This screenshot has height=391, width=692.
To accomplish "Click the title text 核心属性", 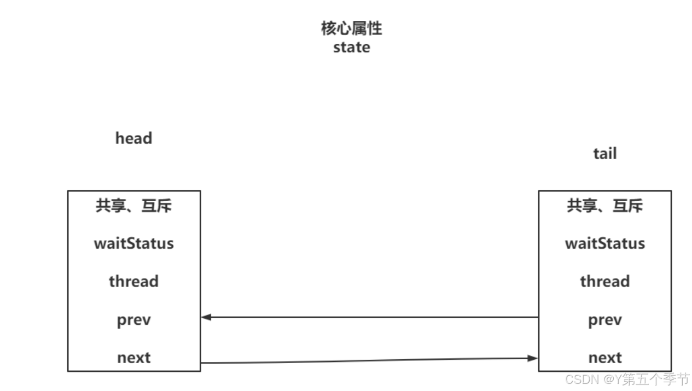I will pyautogui.click(x=351, y=28).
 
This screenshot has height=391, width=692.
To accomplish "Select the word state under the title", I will pyautogui.click(x=351, y=47).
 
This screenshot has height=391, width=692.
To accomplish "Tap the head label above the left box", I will pyautogui.click(x=133, y=138).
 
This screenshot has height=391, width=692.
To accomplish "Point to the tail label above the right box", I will pyautogui.click(x=604, y=154).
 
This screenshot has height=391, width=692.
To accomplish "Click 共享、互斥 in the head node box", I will pyautogui.click(x=133, y=206).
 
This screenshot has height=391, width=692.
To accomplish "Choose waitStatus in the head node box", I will pyautogui.click(x=133, y=243).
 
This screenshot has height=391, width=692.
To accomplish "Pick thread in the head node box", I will pyautogui.click(x=133, y=282).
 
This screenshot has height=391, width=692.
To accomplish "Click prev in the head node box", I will pyautogui.click(x=133, y=320).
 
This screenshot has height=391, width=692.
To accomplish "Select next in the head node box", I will pyautogui.click(x=133, y=358).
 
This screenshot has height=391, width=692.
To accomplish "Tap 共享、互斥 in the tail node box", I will pyautogui.click(x=604, y=206).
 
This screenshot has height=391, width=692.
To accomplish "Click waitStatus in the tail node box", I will pyautogui.click(x=604, y=243).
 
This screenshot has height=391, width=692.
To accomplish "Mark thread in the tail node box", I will pyautogui.click(x=604, y=282).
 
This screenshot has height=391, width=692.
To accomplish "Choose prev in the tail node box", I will pyautogui.click(x=604, y=320).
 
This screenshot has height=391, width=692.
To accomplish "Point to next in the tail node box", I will pyautogui.click(x=604, y=358).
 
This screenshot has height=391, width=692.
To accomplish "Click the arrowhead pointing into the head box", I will pyautogui.click(x=206, y=317).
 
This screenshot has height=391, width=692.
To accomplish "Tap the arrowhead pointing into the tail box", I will pyautogui.click(x=533, y=358).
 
